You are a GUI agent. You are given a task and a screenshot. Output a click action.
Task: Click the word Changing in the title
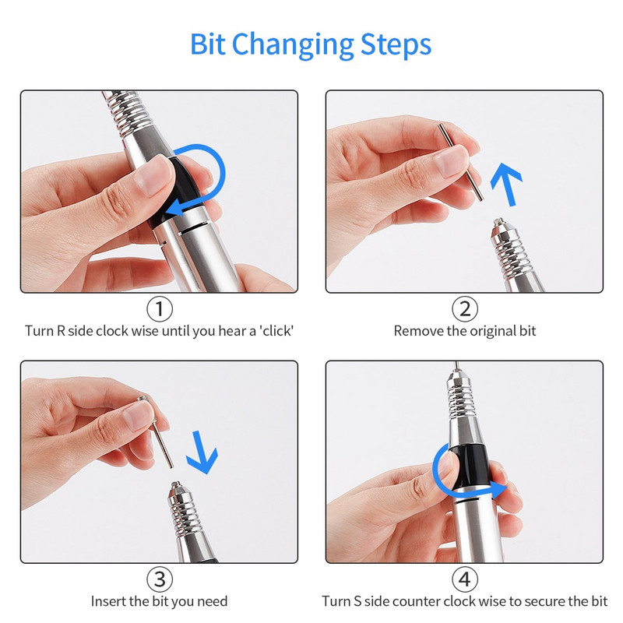(x=293, y=45)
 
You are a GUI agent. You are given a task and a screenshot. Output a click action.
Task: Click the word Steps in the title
(x=396, y=44)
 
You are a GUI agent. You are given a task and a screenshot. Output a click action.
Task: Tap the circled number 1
(x=160, y=308)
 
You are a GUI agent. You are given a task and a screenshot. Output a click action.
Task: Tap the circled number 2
(x=464, y=308)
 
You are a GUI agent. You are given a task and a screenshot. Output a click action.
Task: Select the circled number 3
(x=160, y=579)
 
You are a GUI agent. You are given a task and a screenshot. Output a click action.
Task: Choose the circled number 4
(x=464, y=579)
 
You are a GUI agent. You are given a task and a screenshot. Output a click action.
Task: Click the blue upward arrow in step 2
(x=507, y=184)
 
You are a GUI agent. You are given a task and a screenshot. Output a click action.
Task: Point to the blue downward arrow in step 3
(x=202, y=452)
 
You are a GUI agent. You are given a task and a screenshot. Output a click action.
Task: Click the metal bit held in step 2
(x=460, y=161)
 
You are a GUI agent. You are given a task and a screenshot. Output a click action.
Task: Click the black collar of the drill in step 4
(x=470, y=466)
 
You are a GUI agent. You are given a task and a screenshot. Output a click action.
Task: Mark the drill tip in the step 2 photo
(x=500, y=223)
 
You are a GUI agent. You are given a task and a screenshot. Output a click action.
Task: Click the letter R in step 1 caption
(x=61, y=331)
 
